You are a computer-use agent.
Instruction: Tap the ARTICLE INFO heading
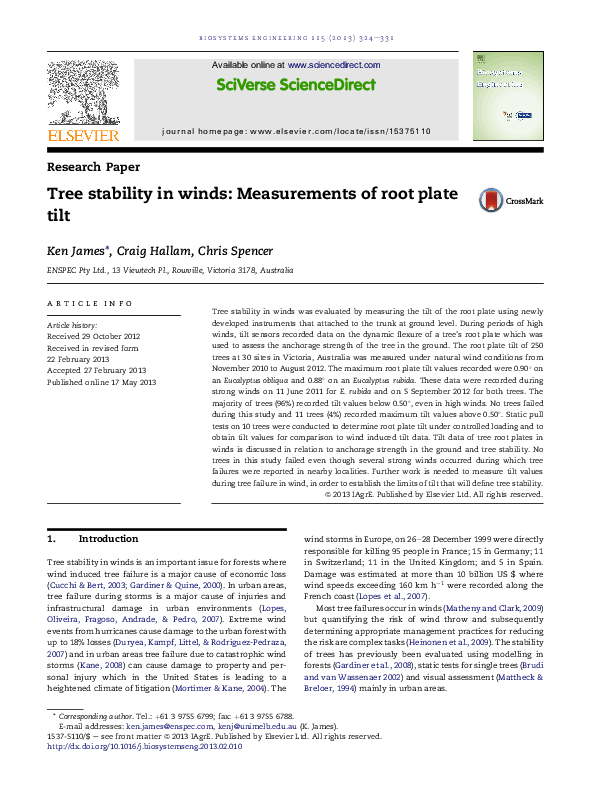(x=90, y=303)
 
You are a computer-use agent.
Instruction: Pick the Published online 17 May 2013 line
(x=102, y=382)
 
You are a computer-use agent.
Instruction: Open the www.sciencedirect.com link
(x=339, y=64)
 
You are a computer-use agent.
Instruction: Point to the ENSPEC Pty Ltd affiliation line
(x=170, y=270)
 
